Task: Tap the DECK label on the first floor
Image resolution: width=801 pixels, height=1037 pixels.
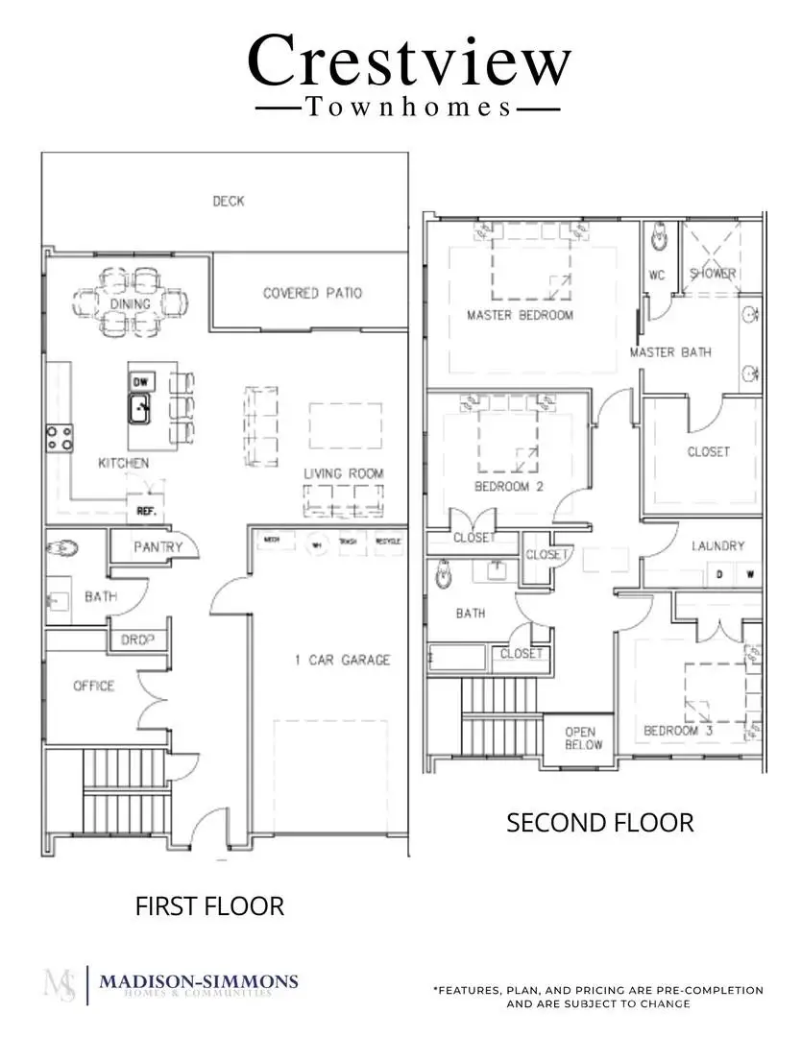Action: coord(229,201)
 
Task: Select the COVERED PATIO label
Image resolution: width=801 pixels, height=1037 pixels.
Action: coord(312,293)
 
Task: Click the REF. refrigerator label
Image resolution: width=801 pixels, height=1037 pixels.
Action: coord(146,512)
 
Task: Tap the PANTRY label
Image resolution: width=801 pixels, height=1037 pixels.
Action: coord(158,547)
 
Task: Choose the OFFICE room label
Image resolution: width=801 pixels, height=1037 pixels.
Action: coord(93,686)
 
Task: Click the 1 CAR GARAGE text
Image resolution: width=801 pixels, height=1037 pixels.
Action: coord(342,660)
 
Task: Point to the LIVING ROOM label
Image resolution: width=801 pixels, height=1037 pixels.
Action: coord(344,473)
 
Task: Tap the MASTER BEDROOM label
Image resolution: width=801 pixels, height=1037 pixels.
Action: coord(520,315)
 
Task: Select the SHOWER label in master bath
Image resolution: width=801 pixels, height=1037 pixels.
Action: coord(713,274)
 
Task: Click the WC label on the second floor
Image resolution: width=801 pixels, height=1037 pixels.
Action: coord(657,275)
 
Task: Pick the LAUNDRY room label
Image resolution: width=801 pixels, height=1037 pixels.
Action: coord(717,545)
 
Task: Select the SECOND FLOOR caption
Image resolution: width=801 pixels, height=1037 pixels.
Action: coord(599,823)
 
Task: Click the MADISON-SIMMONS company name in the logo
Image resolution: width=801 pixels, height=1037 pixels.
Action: coord(198,981)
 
